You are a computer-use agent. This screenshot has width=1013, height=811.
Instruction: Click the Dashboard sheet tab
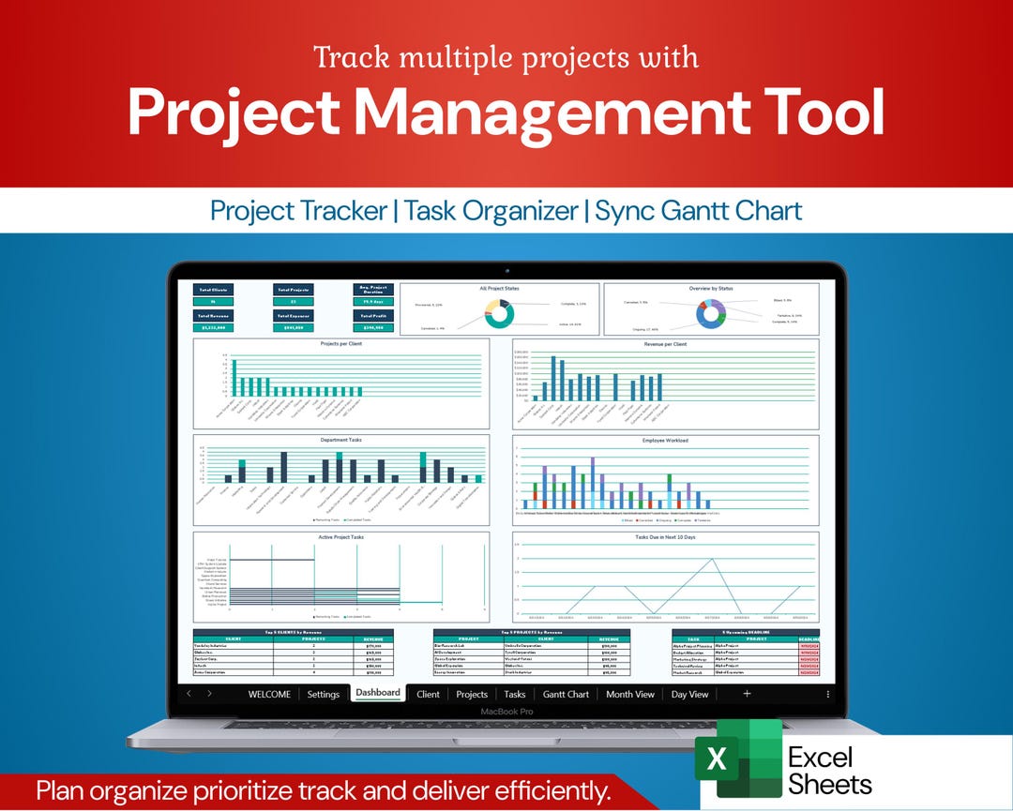coord(378,693)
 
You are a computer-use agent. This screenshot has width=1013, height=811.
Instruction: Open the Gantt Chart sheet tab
coord(566,694)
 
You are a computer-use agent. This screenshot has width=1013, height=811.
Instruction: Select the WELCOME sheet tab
coord(269,694)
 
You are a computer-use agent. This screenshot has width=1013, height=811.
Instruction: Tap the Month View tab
coord(629,694)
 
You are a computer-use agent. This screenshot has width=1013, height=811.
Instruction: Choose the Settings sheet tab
coord(323,694)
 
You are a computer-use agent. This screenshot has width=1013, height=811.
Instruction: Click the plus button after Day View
coord(747,694)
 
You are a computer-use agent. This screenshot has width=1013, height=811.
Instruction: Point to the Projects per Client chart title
coord(341,344)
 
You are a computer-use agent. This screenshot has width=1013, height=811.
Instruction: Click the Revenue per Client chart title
coord(665,344)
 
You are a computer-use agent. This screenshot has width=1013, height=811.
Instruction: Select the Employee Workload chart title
coord(665,440)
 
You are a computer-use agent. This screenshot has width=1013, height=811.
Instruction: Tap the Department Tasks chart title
coord(341,440)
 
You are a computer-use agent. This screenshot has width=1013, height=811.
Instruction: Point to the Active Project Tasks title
coord(341,537)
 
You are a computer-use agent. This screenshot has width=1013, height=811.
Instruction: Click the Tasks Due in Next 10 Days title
coord(665,537)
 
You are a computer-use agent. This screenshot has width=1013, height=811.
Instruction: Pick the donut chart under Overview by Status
coord(711,312)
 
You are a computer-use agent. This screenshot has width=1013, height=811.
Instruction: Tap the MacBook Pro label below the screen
coord(506,712)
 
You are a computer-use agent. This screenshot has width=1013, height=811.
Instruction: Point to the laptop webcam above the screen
coord(506,272)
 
